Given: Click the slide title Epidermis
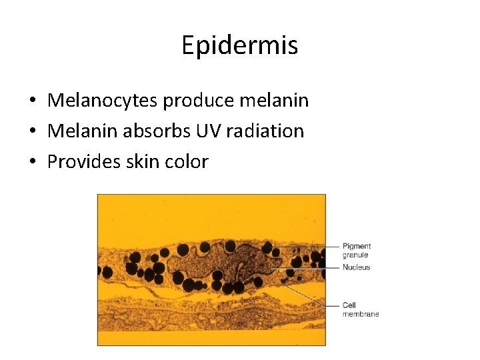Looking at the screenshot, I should [x=239, y=45].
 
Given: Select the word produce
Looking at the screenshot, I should [x=191, y=101].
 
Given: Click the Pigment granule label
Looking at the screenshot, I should [x=356, y=250].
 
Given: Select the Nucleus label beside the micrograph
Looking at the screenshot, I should [x=356, y=267].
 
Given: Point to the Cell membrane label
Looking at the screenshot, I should [x=360, y=309].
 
